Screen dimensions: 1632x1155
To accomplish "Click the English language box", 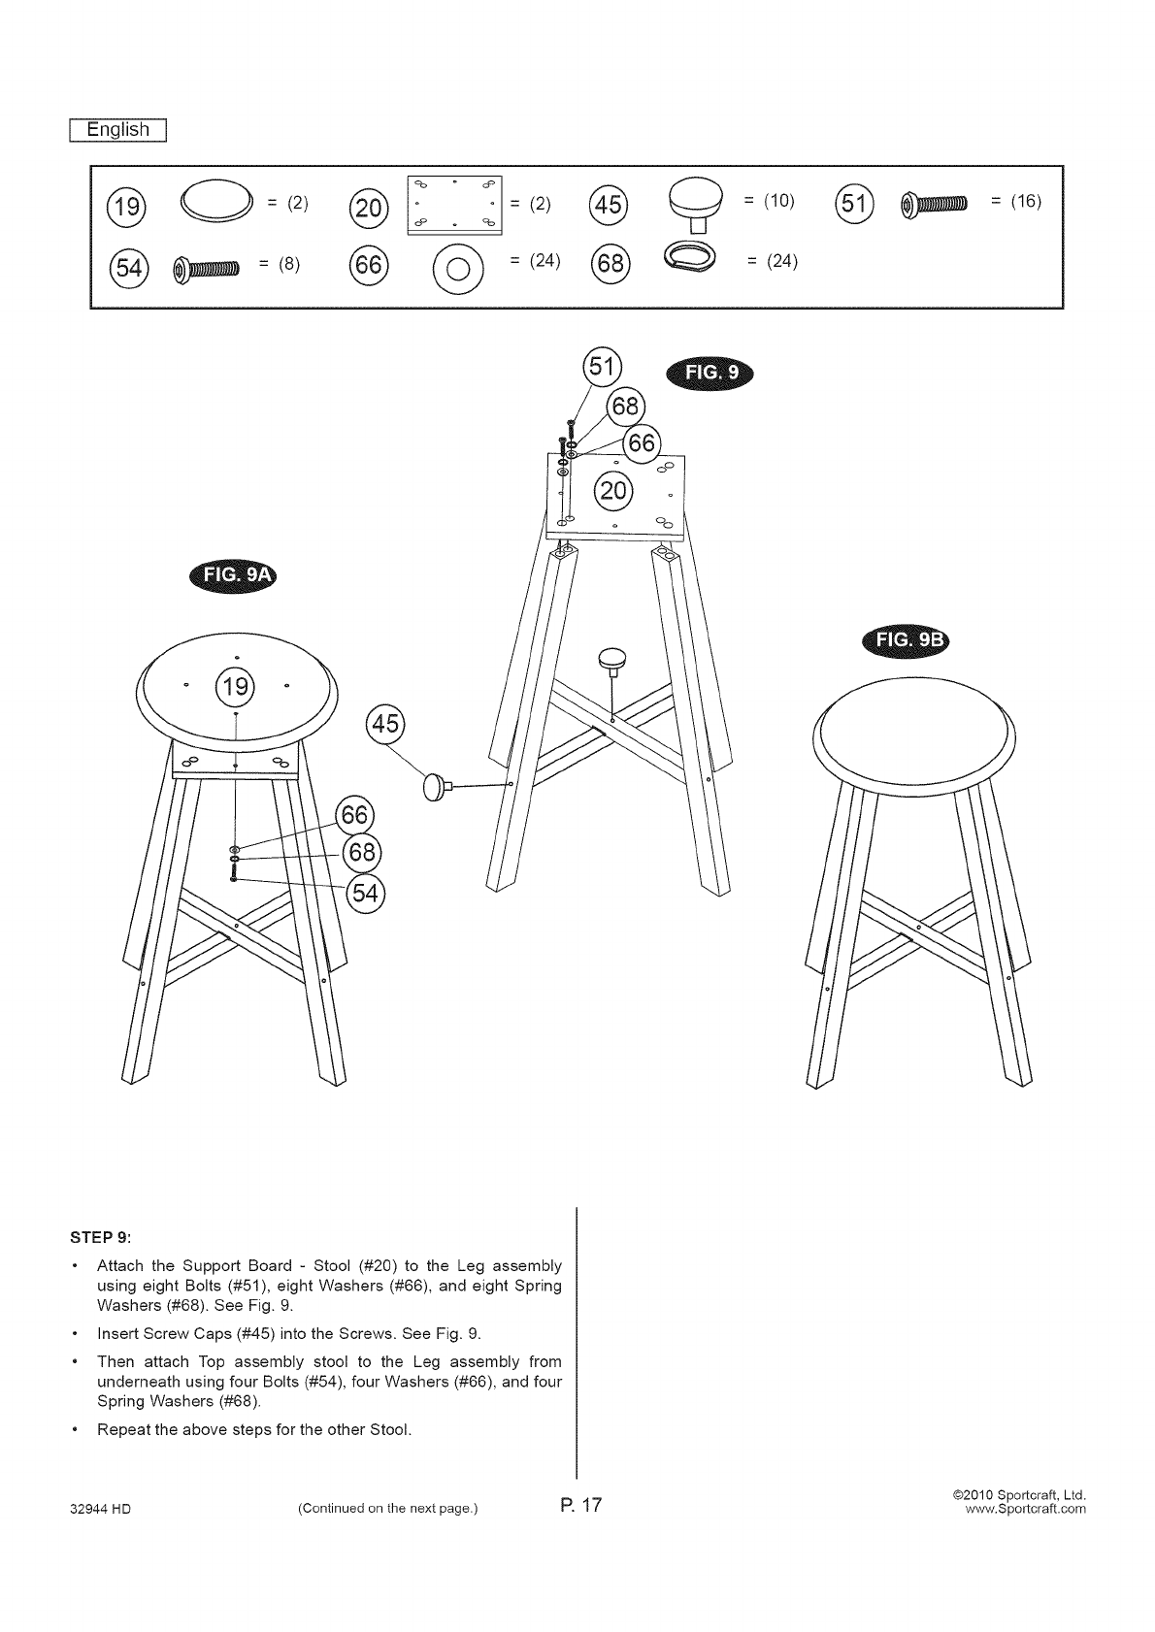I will (x=118, y=130).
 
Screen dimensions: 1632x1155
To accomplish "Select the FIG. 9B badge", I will (x=907, y=641).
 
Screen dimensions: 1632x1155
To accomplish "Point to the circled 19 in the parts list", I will (x=128, y=207).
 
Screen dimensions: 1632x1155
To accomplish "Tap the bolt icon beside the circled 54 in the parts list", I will (x=205, y=268).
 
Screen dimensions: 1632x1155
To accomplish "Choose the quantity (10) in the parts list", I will (x=769, y=201).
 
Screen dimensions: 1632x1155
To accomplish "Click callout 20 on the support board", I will (x=614, y=491).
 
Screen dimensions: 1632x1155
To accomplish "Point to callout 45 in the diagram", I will (x=385, y=724).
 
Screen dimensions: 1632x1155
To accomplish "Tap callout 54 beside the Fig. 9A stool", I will (x=364, y=894).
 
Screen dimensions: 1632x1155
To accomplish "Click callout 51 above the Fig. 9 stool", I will (x=602, y=367).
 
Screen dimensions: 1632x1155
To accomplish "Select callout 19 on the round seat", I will (x=236, y=687).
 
